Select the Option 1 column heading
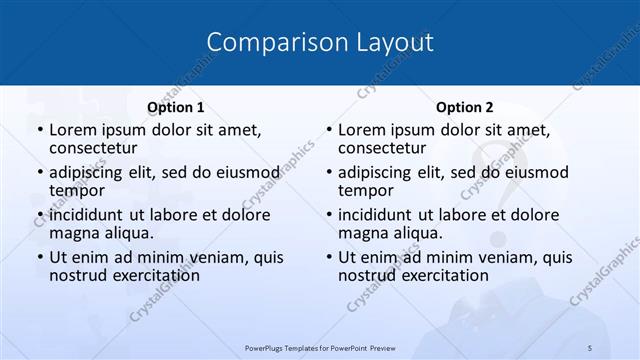click(x=175, y=107)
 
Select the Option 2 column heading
click(x=464, y=107)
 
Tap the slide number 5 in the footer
click(x=589, y=347)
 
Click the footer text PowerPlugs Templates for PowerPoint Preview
click(x=319, y=347)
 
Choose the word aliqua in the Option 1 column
click(x=127, y=233)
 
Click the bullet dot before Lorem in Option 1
click(x=40, y=130)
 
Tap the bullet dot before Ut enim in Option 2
click(x=329, y=257)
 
